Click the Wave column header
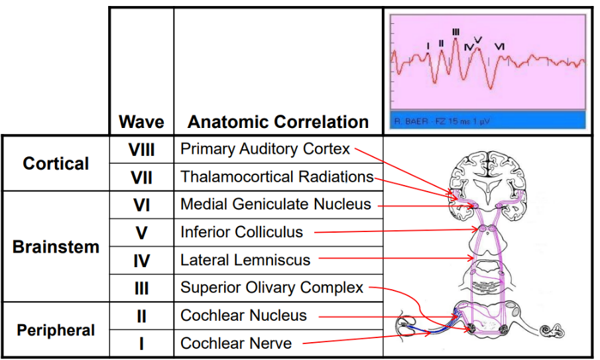click(141, 122)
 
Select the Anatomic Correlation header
click(278, 122)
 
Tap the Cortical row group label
click(56, 163)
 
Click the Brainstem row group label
click(56, 247)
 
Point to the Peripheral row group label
click(56, 330)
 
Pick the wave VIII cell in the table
click(141, 150)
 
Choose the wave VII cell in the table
click(141, 178)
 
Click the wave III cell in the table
click(141, 288)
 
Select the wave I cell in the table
click(141, 343)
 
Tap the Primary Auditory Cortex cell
click(265, 149)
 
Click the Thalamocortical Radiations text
click(277, 177)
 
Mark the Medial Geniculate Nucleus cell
click(276, 204)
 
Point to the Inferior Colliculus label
click(241, 232)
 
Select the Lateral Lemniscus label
click(245, 260)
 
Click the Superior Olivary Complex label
click(272, 288)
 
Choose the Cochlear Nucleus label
click(244, 316)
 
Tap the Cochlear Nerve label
click(236, 343)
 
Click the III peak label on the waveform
click(455, 32)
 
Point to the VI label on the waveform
click(499, 46)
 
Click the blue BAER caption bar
click(486, 121)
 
